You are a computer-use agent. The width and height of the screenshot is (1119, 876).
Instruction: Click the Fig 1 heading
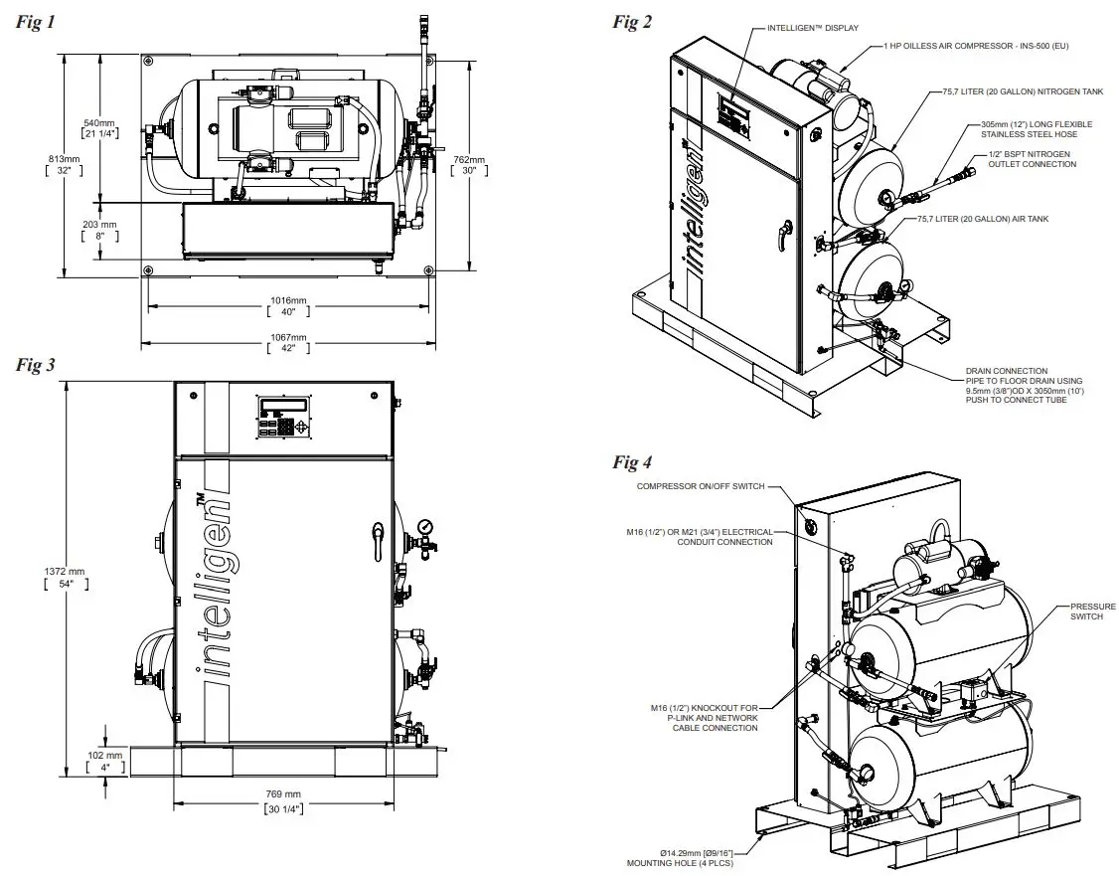[x=36, y=23]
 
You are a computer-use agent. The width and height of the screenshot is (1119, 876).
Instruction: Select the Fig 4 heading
[x=632, y=461]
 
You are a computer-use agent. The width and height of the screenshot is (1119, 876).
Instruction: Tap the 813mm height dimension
[x=63, y=164]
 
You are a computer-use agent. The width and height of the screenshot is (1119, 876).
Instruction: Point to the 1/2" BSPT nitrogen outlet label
[x=1032, y=159]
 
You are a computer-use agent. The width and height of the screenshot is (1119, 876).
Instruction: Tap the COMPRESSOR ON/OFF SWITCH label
[x=701, y=485]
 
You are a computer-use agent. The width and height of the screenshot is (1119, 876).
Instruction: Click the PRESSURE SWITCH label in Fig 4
[x=1092, y=611]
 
